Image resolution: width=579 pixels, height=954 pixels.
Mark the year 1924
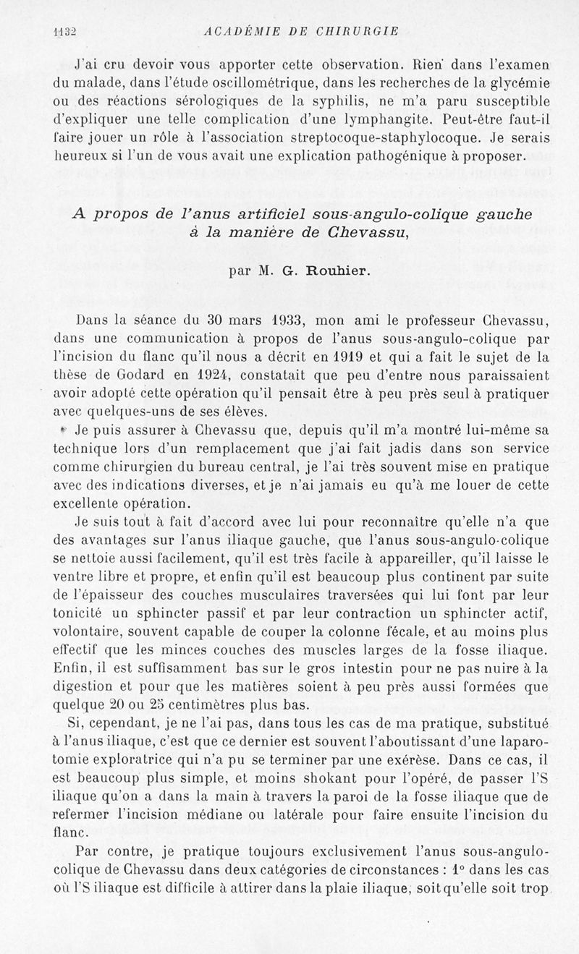pyautogui.click(x=214, y=375)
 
